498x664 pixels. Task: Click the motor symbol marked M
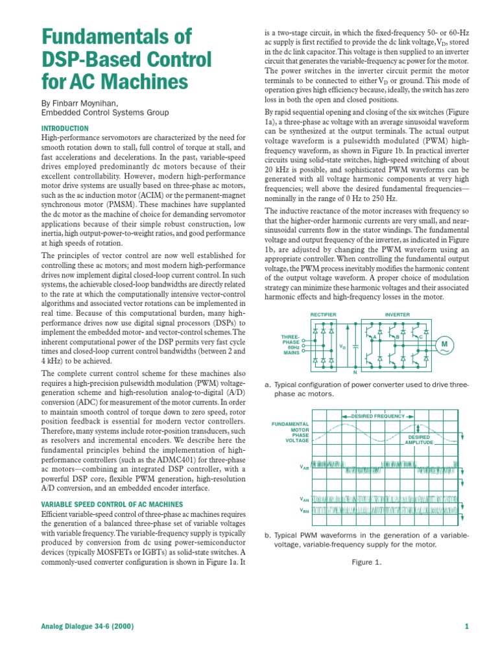click(x=445, y=343)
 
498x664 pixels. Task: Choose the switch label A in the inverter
click(x=375, y=337)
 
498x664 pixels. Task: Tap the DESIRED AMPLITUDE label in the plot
click(x=419, y=440)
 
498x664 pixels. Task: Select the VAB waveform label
click(x=304, y=467)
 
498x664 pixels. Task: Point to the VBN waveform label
click(x=304, y=510)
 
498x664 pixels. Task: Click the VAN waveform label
click(x=304, y=499)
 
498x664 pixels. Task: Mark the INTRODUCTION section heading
click(x=65, y=129)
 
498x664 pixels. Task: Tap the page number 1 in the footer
click(x=466, y=626)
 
